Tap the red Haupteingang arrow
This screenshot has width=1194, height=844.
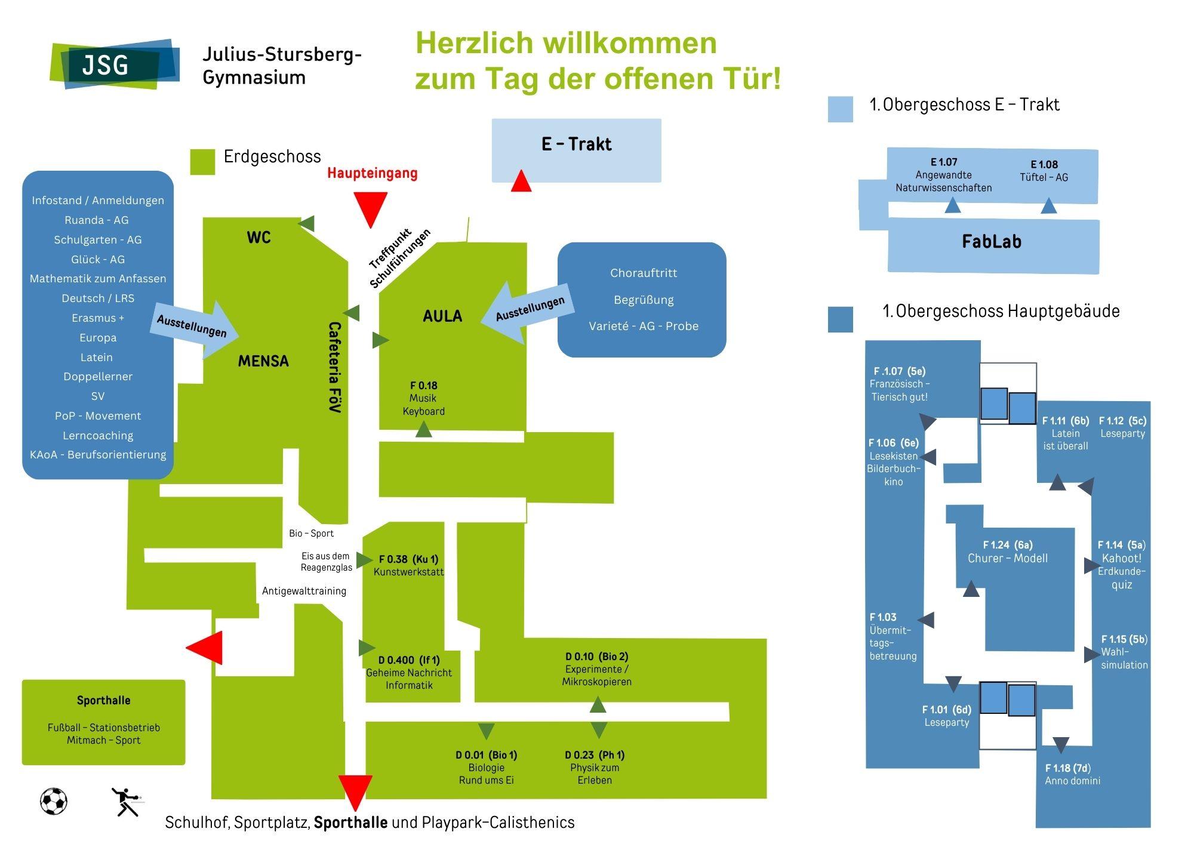click(370, 208)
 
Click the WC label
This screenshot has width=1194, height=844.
click(259, 238)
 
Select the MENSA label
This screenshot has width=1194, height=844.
click(263, 361)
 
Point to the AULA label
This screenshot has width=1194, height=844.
click(442, 316)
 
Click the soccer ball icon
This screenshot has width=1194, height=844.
click(54, 801)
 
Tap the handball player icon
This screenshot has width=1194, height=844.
click(126, 802)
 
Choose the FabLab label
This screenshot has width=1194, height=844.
click(992, 242)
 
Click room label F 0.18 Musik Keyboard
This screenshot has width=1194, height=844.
click(423, 398)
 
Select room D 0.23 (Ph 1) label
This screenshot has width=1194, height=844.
click(595, 767)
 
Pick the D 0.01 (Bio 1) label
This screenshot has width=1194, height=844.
click(486, 767)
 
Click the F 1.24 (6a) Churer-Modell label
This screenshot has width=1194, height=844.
click(1008, 552)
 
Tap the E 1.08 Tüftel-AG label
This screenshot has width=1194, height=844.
click(1044, 171)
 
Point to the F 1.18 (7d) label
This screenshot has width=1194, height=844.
click(1072, 774)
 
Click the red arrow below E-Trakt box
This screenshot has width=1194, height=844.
click(521, 181)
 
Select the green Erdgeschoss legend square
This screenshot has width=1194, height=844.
click(202, 162)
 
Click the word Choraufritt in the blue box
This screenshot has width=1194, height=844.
click(644, 273)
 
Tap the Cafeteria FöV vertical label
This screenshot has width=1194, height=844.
click(335, 367)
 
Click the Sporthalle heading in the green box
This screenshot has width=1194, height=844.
click(103, 701)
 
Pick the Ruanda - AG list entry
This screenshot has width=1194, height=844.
click(97, 220)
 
